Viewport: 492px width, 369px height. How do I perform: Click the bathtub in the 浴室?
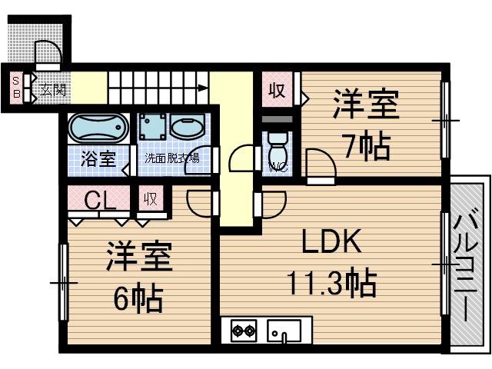[97, 128]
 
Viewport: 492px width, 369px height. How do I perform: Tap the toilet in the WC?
[276, 147]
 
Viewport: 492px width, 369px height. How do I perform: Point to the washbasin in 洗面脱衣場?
[186, 127]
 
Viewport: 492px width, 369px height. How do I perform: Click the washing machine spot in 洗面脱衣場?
[153, 127]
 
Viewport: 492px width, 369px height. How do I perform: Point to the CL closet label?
[100, 201]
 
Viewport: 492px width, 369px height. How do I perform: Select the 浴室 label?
[98, 160]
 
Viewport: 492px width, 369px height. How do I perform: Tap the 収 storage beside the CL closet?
[151, 199]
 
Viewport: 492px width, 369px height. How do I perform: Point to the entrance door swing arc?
[48, 54]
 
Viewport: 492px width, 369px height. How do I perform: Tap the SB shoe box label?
[15, 88]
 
